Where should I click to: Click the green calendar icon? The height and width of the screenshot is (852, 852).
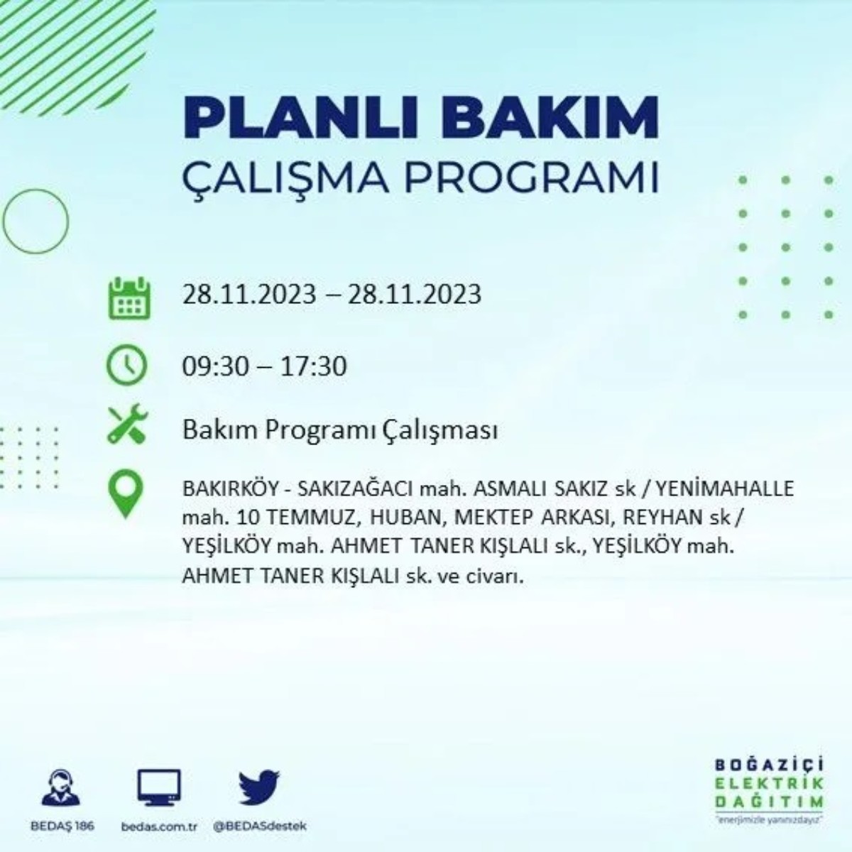129,299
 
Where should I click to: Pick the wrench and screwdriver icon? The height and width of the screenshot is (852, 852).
127,425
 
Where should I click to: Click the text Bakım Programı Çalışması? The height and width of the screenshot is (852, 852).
339,430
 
